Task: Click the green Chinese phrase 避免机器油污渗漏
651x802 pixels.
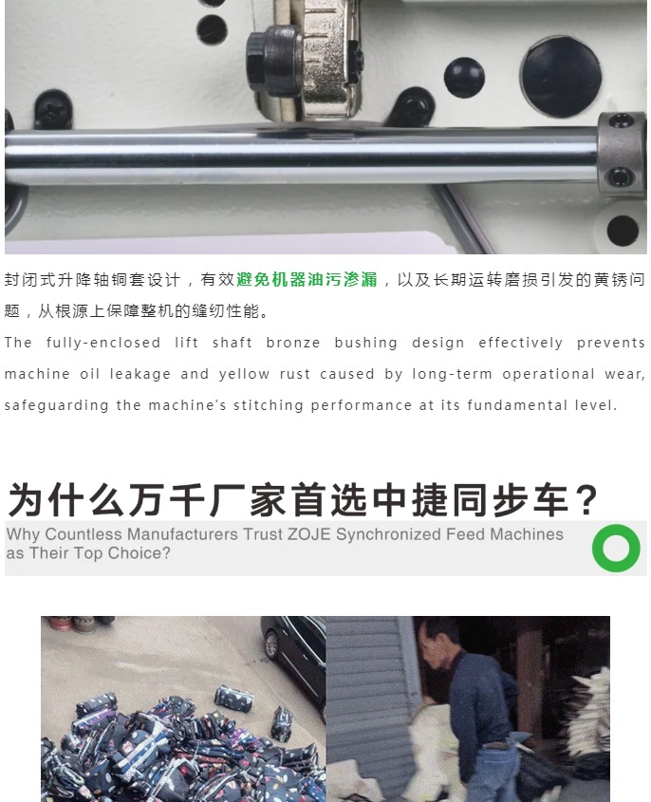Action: (307, 279)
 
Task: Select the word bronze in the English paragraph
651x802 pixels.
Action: (293, 343)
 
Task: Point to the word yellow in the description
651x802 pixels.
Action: (244, 374)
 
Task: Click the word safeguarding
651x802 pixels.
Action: (56, 405)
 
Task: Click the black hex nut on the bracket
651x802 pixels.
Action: (266, 60)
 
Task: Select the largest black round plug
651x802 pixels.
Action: (561, 76)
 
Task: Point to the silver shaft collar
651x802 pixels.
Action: (621, 154)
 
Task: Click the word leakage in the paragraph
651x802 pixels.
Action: (140, 374)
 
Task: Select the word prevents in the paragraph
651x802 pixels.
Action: (610, 343)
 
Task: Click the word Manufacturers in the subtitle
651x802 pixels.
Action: (182, 534)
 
